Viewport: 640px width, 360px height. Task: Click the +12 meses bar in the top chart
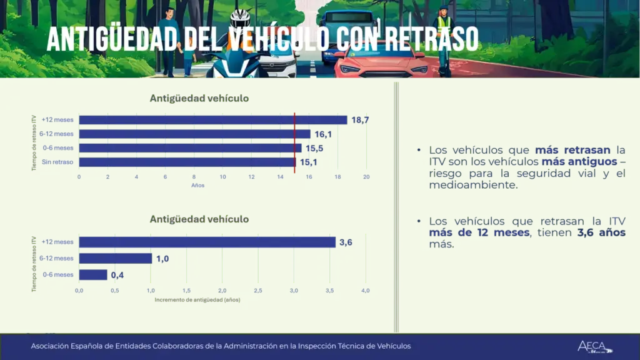click(212, 120)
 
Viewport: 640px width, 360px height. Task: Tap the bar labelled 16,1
click(194, 134)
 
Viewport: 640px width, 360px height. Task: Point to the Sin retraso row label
click(57, 162)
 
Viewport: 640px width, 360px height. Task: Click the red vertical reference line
click(294, 141)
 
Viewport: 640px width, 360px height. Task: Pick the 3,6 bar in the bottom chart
click(207, 242)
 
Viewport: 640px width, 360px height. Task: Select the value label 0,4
click(117, 275)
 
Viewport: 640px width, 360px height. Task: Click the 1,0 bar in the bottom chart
click(116, 258)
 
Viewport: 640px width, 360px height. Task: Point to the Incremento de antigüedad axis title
click(197, 299)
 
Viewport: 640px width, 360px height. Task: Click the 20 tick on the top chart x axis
click(366, 177)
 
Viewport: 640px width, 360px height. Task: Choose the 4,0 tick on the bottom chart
click(366, 291)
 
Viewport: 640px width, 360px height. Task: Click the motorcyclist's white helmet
click(240, 19)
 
